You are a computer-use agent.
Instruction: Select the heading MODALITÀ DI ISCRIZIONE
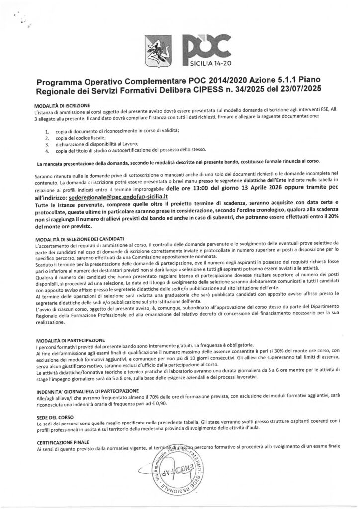pyautogui.click(x=62, y=106)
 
